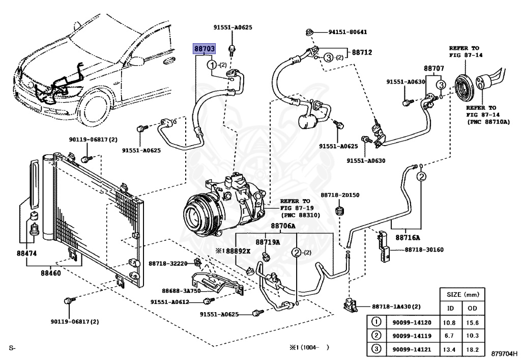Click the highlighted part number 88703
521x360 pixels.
click(204, 48)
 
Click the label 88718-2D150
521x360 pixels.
click(340, 195)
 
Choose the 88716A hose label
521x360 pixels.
click(409, 237)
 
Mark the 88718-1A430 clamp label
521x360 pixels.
click(396, 307)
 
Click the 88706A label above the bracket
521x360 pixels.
click(283, 226)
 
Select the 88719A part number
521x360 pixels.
click(268, 242)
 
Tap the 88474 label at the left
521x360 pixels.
click(27, 253)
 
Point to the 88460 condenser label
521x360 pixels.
click(51, 273)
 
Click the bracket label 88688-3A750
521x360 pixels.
click(180, 290)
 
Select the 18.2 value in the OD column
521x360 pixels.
click(473, 349)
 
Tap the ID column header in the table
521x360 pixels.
click(451, 308)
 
